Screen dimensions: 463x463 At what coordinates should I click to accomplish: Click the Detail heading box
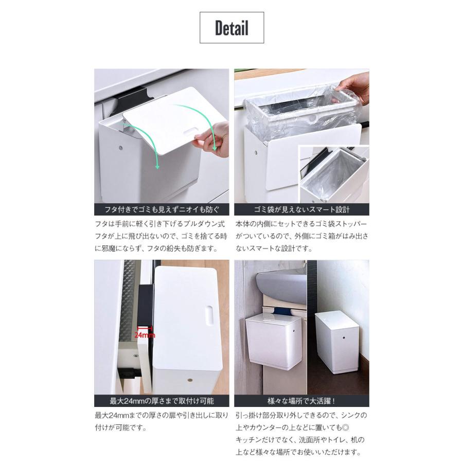(x=232, y=28)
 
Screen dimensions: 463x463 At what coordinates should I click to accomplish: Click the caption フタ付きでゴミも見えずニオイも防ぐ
(x=161, y=209)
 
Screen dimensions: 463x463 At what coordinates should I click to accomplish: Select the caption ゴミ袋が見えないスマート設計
(x=301, y=209)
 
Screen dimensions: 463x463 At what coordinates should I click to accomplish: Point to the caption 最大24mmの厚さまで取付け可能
(x=161, y=401)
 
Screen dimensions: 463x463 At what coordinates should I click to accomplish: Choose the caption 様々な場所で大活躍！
(x=301, y=401)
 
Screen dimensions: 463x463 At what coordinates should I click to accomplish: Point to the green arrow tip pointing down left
(x=158, y=167)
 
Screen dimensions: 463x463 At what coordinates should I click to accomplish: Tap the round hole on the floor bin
(x=344, y=338)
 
